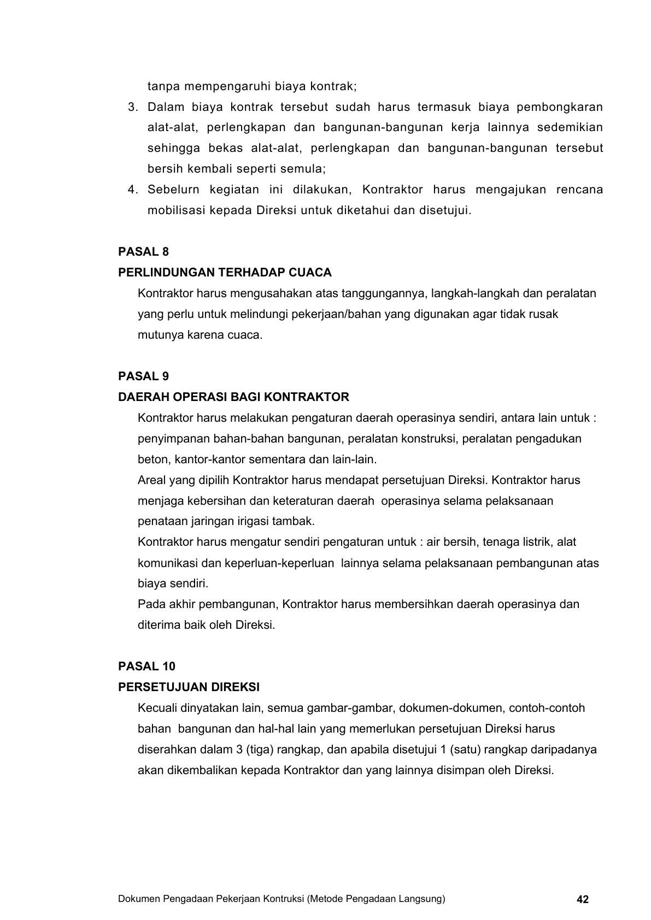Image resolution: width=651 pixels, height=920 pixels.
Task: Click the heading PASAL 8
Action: tap(143, 252)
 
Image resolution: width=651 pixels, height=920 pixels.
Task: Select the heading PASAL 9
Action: tap(143, 376)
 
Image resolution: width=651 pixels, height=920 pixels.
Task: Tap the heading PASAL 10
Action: tap(146, 667)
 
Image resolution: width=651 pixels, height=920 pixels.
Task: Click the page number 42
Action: tap(583, 900)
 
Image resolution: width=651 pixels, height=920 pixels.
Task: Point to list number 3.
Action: tap(133, 107)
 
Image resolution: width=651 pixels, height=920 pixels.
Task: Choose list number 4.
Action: tap(133, 190)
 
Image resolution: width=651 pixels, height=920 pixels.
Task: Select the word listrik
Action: tap(536, 542)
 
